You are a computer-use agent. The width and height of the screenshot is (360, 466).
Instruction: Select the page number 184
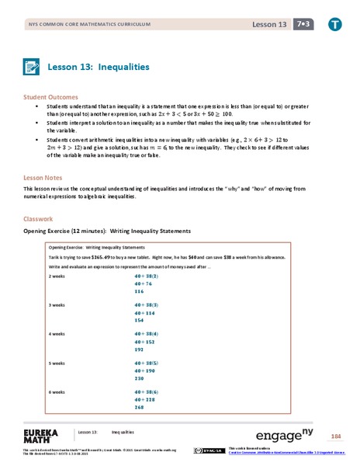(x=335, y=436)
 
